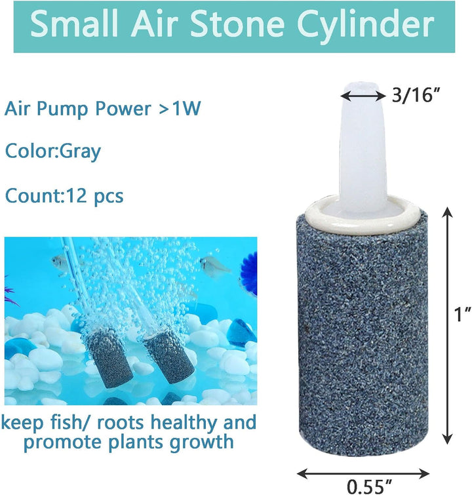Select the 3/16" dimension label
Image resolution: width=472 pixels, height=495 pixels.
tap(414, 95)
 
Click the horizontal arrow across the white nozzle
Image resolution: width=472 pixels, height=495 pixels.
tap(363, 96)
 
